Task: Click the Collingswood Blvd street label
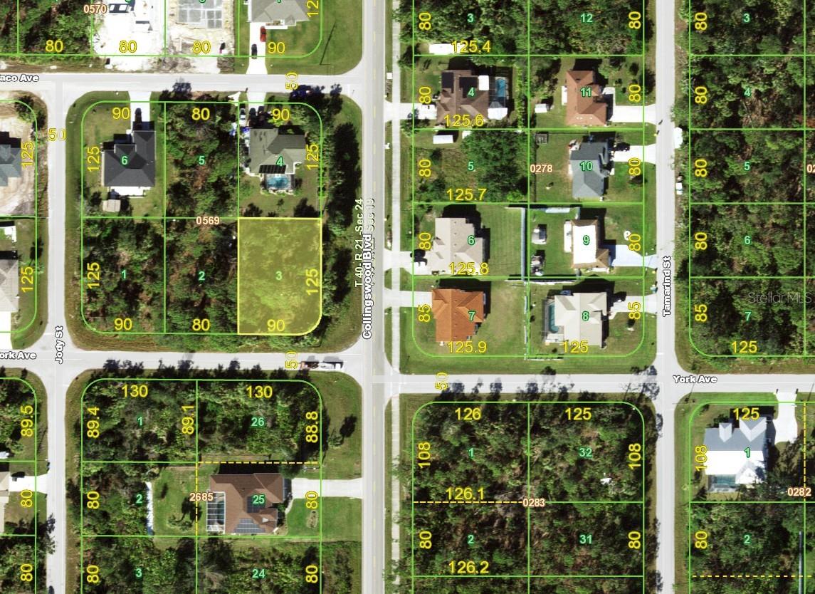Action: (x=368, y=288)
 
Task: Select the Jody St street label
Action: (x=59, y=345)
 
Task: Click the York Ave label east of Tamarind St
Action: (x=695, y=380)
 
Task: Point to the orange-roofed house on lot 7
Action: (x=458, y=314)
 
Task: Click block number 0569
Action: (x=208, y=221)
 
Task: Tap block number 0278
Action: (x=541, y=169)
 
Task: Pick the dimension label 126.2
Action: (x=470, y=567)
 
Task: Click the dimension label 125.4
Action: (x=470, y=47)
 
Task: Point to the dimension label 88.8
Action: (x=312, y=426)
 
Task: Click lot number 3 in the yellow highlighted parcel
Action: (x=278, y=274)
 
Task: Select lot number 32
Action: (x=585, y=452)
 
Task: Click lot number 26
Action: (x=258, y=422)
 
